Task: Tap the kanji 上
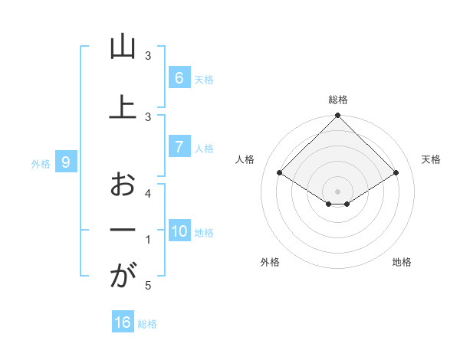123,106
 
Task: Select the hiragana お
123,184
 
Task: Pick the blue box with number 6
179,77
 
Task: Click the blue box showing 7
179,147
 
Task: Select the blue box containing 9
67,162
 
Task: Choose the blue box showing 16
123,322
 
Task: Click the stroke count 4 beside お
148,193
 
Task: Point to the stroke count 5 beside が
148,286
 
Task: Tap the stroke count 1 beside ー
148,240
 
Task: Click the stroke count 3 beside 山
148,56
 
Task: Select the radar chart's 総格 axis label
338,100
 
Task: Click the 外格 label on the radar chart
270,262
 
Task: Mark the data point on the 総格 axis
338,116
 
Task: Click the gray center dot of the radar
338,191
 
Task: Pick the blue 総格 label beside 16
147,324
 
